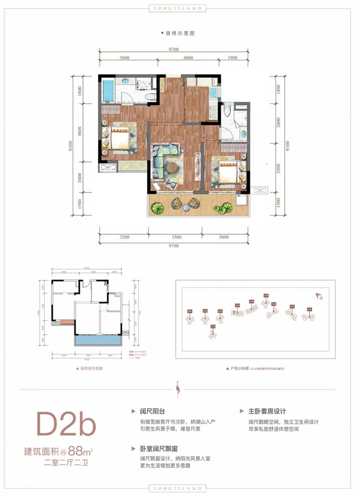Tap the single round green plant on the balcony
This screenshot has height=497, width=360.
pyautogui.click(x=159, y=207)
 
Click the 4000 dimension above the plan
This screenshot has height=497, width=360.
pyautogui.click(x=189, y=58)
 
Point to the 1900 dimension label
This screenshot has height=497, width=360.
pyautogui.click(x=233, y=58)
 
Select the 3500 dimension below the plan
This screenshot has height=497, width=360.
pyautogui.click(x=176, y=237)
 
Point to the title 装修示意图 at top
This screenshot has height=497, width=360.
pyautogui.click(x=179, y=33)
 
